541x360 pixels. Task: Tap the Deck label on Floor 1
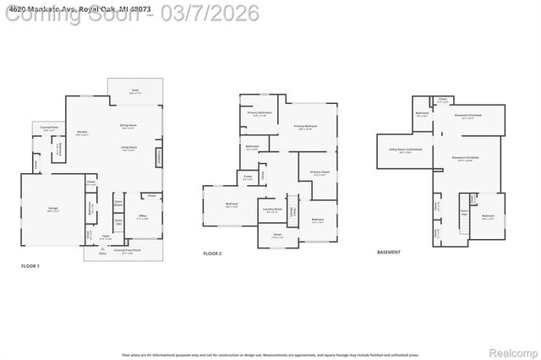tap(134, 90)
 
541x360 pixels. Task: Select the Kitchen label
tap(83, 133)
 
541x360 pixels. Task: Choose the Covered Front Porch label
tap(124, 250)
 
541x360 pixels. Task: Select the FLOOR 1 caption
tap(30, 266)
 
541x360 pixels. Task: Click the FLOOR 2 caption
tap(212, 253)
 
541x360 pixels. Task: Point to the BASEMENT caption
tap(389, 253)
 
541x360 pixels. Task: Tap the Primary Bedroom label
tap(306, 127)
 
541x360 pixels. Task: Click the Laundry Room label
tap(271, 209)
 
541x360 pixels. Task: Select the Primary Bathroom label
tap(259, 112)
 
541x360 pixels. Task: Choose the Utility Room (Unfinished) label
tap(405, 150)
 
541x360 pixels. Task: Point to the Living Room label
tap(128, 148)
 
